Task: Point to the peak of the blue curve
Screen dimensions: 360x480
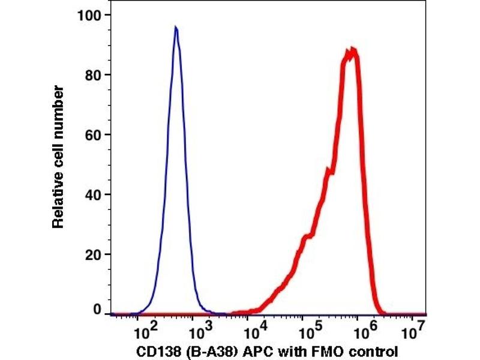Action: pyautogui.click(x=175, y=27)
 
